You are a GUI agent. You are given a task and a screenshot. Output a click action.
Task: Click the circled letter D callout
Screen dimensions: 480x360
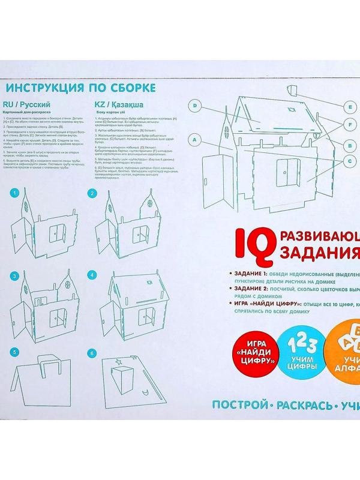tap(195, 106)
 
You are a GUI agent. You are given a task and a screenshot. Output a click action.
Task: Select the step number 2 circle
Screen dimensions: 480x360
tap(92, 193)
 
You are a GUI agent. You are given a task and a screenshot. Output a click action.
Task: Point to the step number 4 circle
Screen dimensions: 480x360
tap(92, 275)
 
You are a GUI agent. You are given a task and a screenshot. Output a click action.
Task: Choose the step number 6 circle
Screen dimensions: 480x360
tap(92, 353)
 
